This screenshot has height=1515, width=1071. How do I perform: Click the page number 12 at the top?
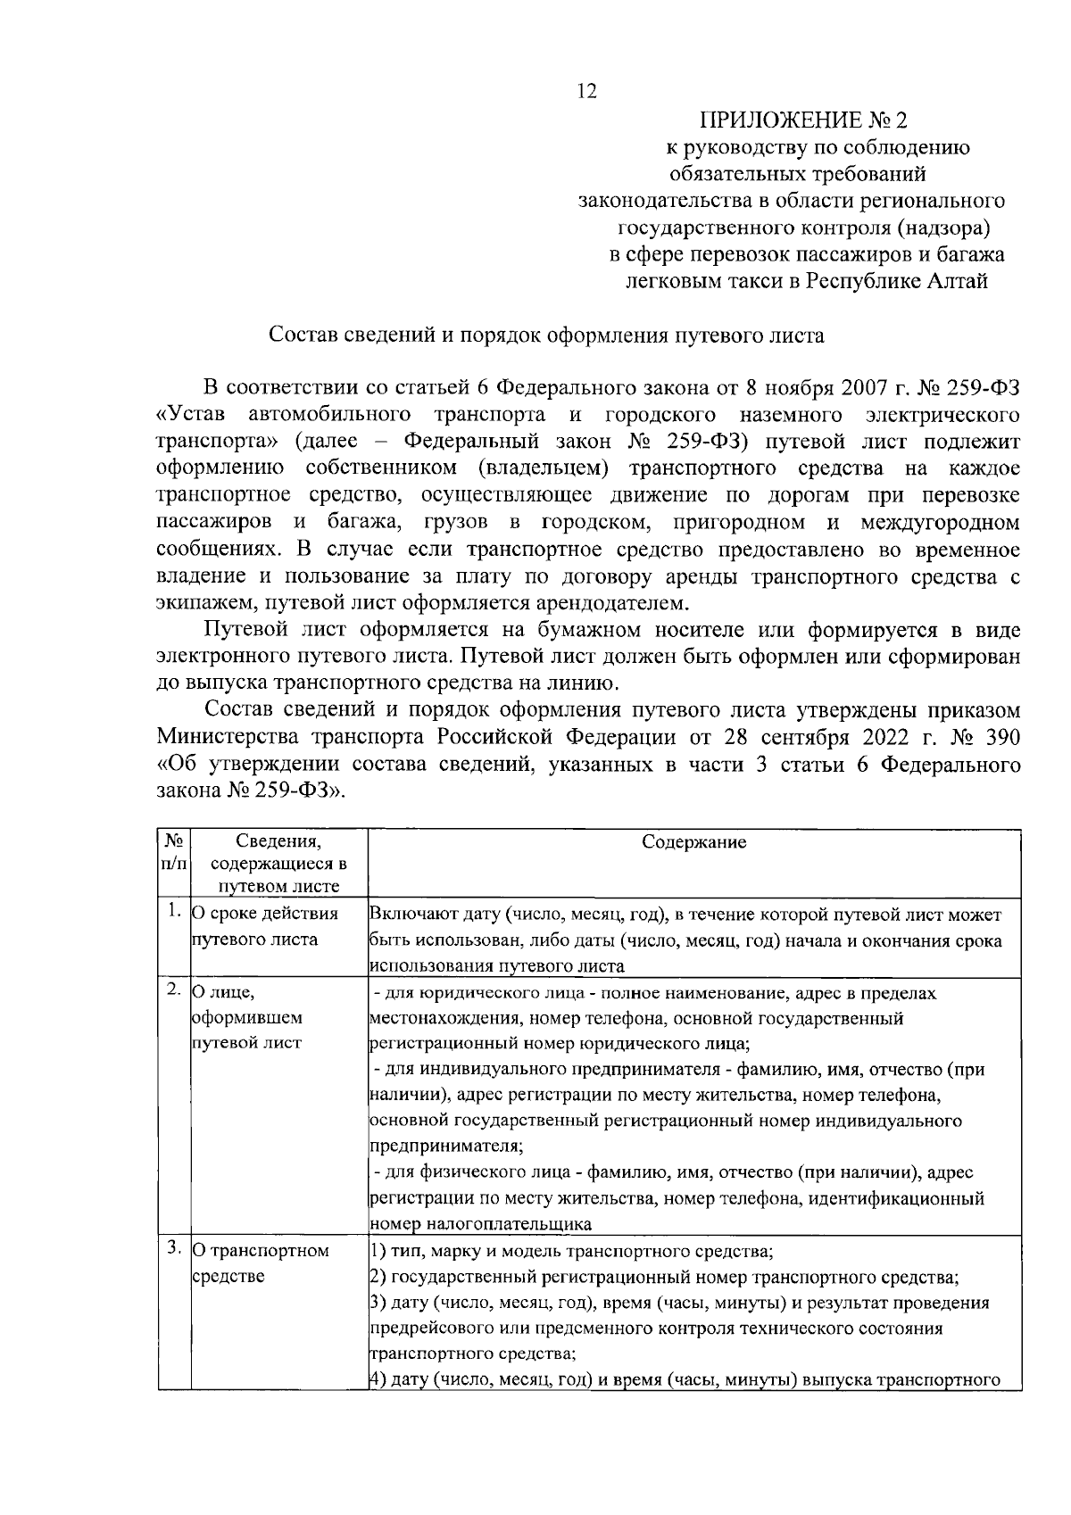point(586,91)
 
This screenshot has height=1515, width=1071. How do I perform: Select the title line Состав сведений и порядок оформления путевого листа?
point(547,336)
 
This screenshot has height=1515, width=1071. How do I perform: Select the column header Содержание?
point(694,842)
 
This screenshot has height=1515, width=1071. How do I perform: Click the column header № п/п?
point(173,853)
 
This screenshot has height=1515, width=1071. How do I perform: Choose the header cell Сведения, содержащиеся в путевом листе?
point(278,864)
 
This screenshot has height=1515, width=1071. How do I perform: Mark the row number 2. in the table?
point(174,991)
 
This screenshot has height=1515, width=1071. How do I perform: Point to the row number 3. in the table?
point(174,1249)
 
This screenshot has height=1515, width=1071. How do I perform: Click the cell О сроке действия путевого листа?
point(265,926)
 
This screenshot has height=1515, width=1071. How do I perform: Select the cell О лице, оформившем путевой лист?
point(247,1017)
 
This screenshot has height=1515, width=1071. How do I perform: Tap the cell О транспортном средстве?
point(261,1263)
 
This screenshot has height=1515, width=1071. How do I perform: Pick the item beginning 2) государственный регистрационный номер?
point(664,1277)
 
